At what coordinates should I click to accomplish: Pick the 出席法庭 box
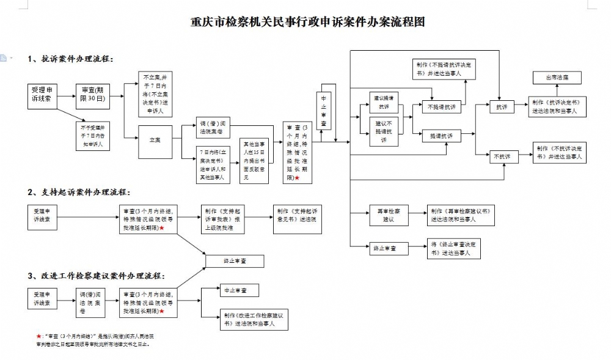tap(549, 78)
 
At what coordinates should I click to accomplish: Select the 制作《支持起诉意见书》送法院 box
tap(297, 215)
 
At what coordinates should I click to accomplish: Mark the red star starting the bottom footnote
tap(38, 336)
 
